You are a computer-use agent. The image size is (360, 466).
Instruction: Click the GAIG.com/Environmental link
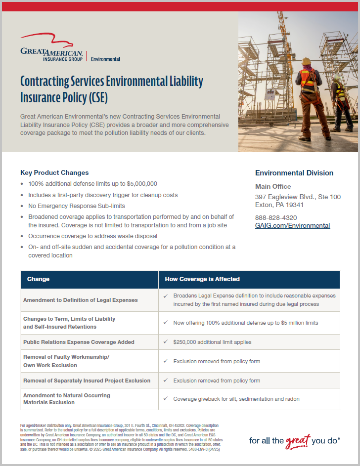click(292, 225)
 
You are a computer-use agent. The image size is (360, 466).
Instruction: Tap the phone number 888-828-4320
click(275, 217)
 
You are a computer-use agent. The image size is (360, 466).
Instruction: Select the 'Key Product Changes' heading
click(54, 172)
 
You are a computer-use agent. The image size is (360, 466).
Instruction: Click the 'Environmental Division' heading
click(294, 173)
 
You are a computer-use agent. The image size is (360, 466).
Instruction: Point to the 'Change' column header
click(39, 279)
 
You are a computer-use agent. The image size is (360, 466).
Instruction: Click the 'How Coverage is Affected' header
click(202, 279)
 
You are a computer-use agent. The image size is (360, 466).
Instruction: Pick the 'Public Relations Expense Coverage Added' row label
click(79, 342)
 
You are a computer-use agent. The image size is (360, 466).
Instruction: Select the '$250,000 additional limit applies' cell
click(212, 342)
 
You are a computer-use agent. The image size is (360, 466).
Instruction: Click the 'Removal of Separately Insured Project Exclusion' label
click(87, 381)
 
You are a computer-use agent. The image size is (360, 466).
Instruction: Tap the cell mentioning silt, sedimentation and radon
click(236, 399)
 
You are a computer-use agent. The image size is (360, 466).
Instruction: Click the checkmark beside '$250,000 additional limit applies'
click(166, 342)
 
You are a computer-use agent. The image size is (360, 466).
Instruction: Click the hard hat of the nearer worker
click(307, 61)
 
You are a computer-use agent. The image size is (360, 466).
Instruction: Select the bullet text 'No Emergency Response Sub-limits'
click(77, 206)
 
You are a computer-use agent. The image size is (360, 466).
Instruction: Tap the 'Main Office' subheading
click(273, 186)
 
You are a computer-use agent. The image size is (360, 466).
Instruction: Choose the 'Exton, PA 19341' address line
click(279, 205)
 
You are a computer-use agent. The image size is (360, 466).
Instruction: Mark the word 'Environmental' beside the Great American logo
click(105, 59)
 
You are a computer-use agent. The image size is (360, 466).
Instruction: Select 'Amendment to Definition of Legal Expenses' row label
click(80, 300)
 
